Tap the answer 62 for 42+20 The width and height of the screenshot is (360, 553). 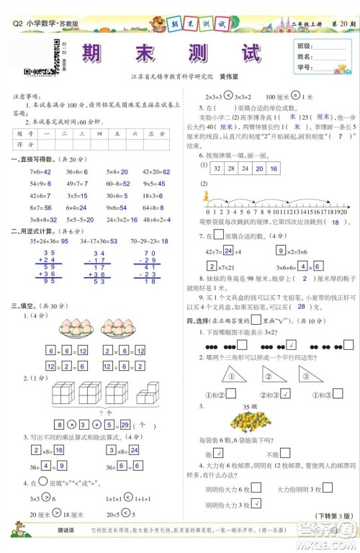pyautogui.click(x=166, y=152)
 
